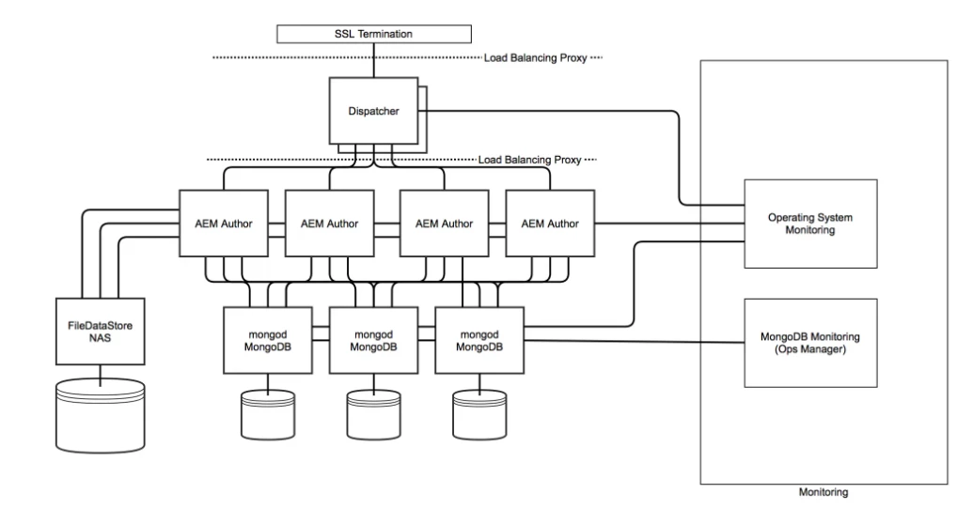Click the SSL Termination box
pos(373,35)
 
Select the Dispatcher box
pos(372,112)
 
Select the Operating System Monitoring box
pos(809,223)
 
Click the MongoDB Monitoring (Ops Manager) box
pos(809,343)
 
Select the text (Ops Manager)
pos(809,350)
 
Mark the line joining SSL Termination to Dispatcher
pos(373,60)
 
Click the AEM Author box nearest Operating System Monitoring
pos(550,224)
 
